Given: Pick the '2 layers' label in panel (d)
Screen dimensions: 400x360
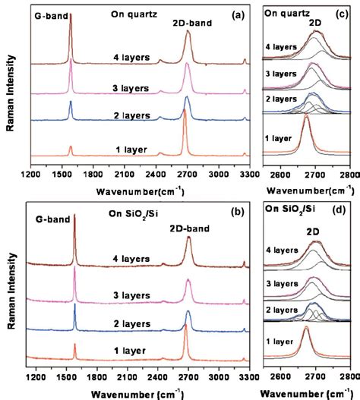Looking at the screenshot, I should tap(281, 310).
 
